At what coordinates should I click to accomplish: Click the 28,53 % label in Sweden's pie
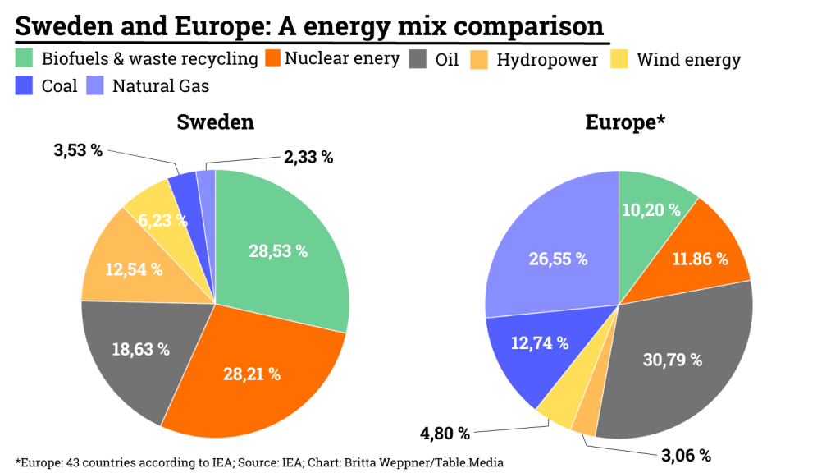pyautogui.click(x=278, y=251)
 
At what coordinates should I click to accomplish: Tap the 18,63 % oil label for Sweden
pyautogui.click(x=140, y=349)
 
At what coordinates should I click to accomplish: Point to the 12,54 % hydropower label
pyautogui.click(x=134, y=269)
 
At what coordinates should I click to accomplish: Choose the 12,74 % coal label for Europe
pyautogui.click(x=539, y=342)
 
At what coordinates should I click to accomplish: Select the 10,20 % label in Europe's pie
pyautogui.click(x=651, y=209)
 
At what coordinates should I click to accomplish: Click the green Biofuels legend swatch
pyautogui.click(x=25, y=58)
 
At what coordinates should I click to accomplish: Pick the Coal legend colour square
pyautogui.click(x=25, y=85)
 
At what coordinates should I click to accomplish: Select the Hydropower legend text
pyautogui.click(x=547, y=60)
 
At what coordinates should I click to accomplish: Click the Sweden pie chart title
pyautogui.click(x=215, y=122)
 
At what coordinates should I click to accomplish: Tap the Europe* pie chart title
pyautogui.click(x=624, y=122)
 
